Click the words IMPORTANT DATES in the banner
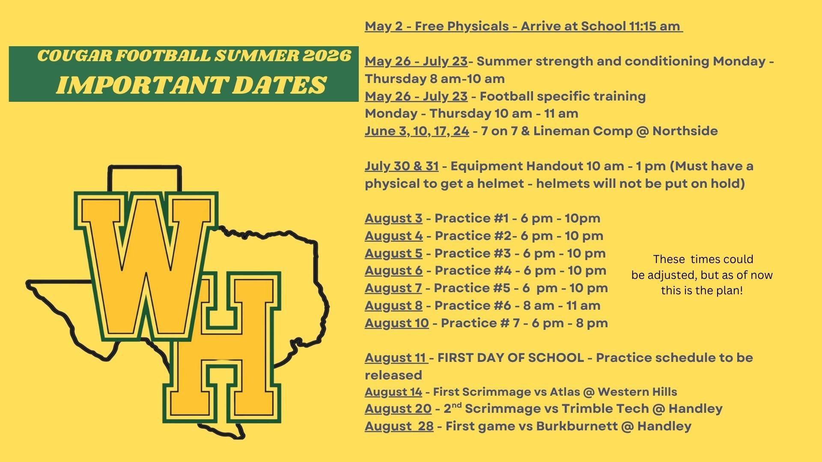(191, 85)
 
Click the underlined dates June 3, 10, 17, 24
(417, 131)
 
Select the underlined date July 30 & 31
(402, 166)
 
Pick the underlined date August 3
(393, 219)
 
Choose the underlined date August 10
(397, 323)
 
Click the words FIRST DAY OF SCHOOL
(511, 358)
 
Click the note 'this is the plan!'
(702, 291)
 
